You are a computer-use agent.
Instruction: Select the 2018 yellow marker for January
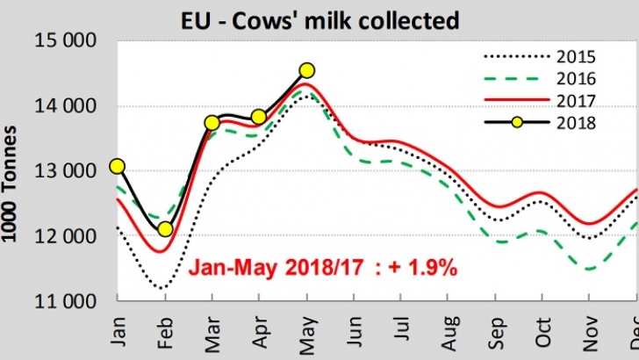coord(117,166)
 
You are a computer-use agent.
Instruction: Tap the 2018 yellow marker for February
coord(164,229)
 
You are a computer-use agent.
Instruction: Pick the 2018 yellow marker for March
coord(212,123)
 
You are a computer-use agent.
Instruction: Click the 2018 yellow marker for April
coord(259,117)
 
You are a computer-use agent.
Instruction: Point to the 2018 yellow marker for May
coord(306,70)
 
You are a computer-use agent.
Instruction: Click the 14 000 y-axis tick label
coord(66,107)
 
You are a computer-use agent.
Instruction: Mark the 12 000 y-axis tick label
coord(66,237)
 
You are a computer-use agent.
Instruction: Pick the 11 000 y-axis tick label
coord(66,302)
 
